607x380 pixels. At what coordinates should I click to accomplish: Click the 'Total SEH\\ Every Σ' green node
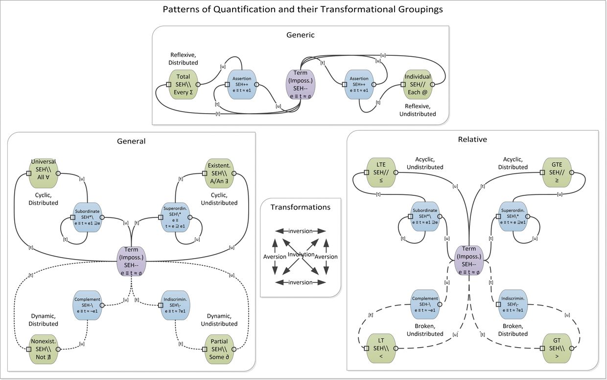pyautogui.click(x=183, y=84)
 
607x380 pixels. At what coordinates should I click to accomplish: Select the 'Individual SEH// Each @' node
pyautogui.click(x=418, y=84)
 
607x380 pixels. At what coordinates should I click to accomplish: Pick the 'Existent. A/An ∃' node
pyautogui.click(x=219, y=173)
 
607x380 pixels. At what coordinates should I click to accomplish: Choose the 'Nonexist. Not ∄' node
pyautogui.click(x=44, y=349)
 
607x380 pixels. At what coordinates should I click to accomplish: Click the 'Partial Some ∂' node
pyautogui.click(x=219, y=349)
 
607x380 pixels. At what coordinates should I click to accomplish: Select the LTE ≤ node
pyautogui.click(x=381, y=172)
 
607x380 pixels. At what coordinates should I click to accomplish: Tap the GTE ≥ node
pyautogui.click(x=557, y=172)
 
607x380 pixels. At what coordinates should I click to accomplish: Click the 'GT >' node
pyautogui.click(x=557, y=348)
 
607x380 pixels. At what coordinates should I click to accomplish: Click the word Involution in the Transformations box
pyautogui.click(x=301, y=255)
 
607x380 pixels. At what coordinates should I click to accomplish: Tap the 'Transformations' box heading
pyautogui.click(x=301, y=207)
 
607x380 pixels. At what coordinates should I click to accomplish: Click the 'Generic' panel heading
pyautogui.click(x=301, y=35)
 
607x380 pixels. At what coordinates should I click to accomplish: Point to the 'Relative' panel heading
pyautogui.click(x=472, y=140)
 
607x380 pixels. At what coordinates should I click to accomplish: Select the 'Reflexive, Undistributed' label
pyautogui.click(x=420, y=110)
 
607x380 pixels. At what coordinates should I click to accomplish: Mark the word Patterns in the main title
pyautogui.click(x=181, y=9)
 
